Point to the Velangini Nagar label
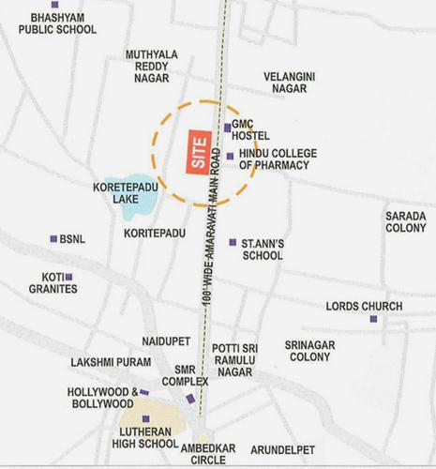pos(289,82)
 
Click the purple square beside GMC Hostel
pos(227,127)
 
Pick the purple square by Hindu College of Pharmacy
pos(230,156)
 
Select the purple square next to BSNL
pos(53,239)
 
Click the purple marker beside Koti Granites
pos(68,277)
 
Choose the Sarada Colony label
pos(405,221)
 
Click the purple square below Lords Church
pos(373,321)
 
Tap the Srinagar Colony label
pos(309,351)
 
